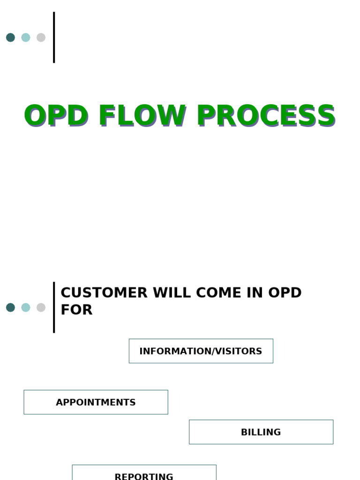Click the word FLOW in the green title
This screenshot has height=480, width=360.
pyautogui.click(x=141, y=116)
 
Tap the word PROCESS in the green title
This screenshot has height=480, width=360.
pyautogui.click(x=265, y=116)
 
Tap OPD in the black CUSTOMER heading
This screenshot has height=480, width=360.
pyautogui.click(x=285, y=293)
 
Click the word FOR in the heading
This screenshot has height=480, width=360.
pyautogui.click(x=76, y=310)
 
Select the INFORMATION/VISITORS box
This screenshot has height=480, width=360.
pyautogui.click(x=201, y=351)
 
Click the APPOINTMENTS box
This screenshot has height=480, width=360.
pyautogui.click(x=96, y=402)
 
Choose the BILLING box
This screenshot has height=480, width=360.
pyautogui.click(x=261, y=432)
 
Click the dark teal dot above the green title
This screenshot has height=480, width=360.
pyautogui.click(x=10, y=37)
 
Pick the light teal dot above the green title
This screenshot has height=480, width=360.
pyautogui.click(x=26, y=37)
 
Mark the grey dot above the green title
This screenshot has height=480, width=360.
pyautogui.click(x=41, y=37)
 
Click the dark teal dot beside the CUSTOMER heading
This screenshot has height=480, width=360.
pyautogui.click(x=10, y=307)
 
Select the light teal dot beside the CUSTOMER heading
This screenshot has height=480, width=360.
pyautogui.click(x=26, y=307)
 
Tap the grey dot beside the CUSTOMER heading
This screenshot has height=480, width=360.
pyautogui.click(x=41, y=307)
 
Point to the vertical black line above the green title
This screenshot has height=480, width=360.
pyautogui.click(x=54, y=37)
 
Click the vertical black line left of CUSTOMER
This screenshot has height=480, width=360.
pyautogui.click(x=54, y=307)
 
